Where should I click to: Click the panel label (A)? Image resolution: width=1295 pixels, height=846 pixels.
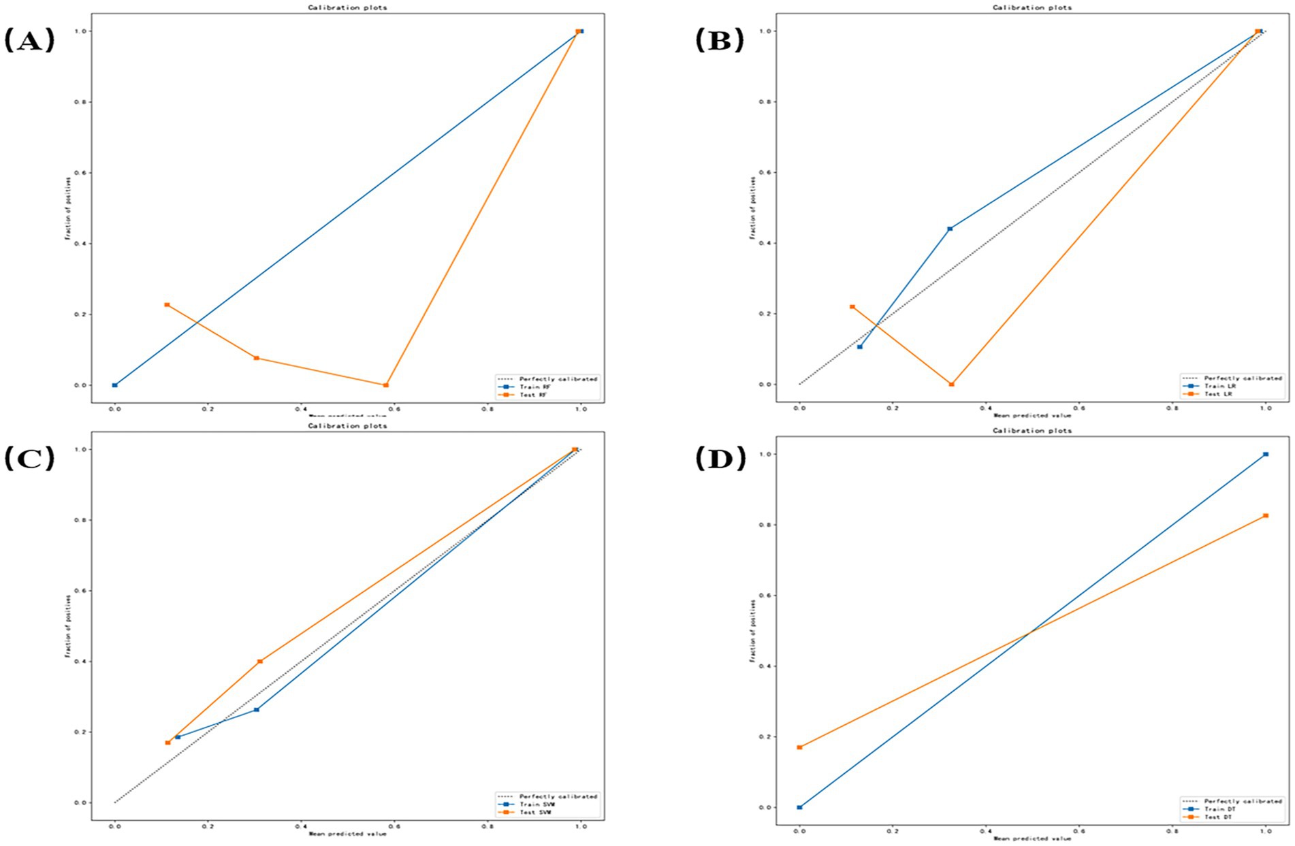(29, 41)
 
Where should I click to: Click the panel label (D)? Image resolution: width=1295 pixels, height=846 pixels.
(720, 459)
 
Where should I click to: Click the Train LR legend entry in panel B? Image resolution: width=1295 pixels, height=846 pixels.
(1219, 386)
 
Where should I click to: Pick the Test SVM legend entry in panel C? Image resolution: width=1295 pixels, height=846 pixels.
(534, 813)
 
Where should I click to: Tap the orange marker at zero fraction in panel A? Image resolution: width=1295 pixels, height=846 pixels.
(386, 385)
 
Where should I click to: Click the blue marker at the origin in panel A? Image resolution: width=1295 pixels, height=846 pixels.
(114, 385)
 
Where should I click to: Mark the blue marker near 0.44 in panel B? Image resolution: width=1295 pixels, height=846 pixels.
(950, 229)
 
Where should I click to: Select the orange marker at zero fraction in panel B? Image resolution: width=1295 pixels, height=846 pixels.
(951, 385)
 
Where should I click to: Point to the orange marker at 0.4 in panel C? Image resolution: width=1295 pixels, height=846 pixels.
(260, 662)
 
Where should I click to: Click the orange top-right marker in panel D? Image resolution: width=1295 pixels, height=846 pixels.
(1266, 516)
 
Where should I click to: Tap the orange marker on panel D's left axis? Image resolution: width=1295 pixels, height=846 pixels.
(799, 747)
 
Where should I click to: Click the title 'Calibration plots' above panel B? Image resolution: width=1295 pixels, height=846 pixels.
(1032, 7)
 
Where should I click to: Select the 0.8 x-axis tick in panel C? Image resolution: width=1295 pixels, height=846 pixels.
(487, 826)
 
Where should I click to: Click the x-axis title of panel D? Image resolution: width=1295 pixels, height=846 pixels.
(1032, 839)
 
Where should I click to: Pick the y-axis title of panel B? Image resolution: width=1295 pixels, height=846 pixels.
(753, 208)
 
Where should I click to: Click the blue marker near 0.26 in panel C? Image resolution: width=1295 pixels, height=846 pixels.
(257, 710)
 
